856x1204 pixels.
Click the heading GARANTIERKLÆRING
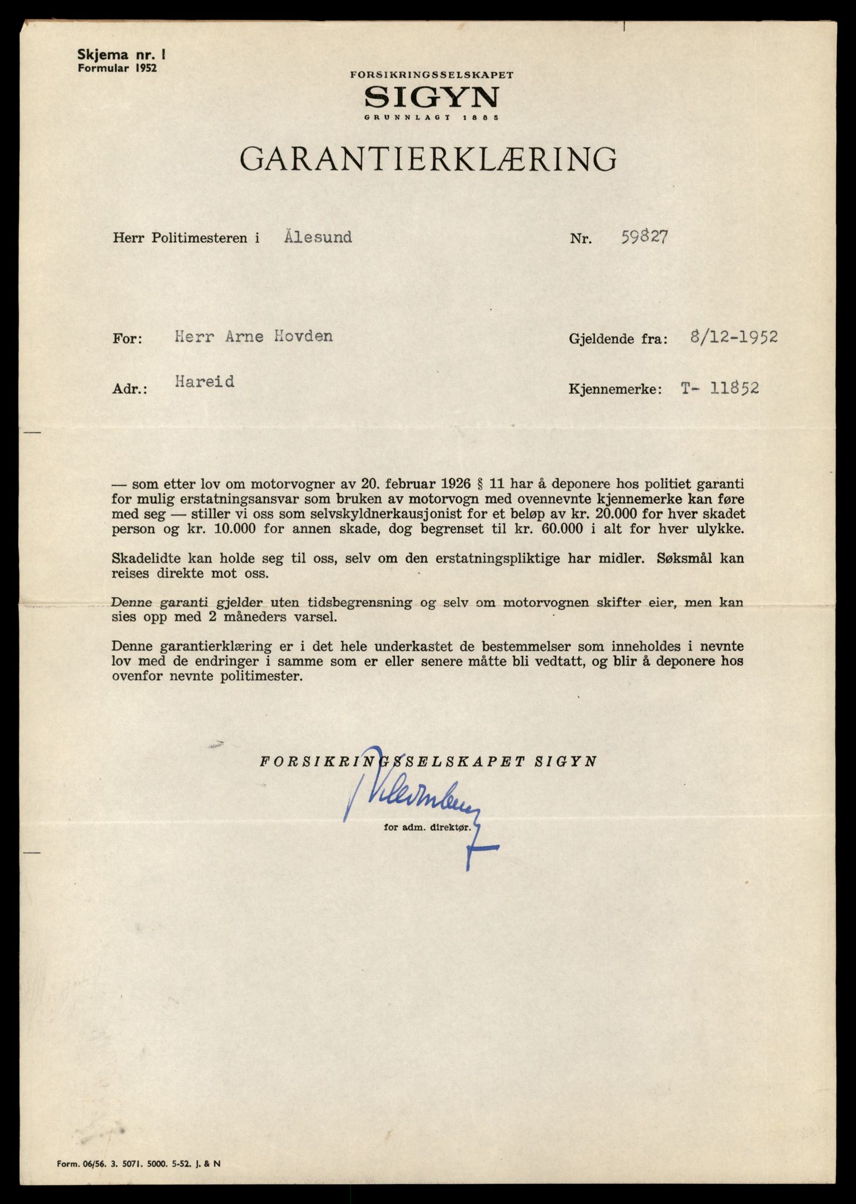tap(428, 159)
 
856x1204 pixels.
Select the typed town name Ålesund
tap(318, 238)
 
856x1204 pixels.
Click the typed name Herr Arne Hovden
tap(254, 336)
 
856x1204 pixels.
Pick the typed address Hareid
tap(204, 382)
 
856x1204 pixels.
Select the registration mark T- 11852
tap(720, 388)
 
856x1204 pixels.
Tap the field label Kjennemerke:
tap(615, 389)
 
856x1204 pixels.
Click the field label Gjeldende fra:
tap(617, 339)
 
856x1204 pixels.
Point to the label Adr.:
tap(130, 389)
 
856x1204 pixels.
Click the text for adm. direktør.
tap(428, 827)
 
